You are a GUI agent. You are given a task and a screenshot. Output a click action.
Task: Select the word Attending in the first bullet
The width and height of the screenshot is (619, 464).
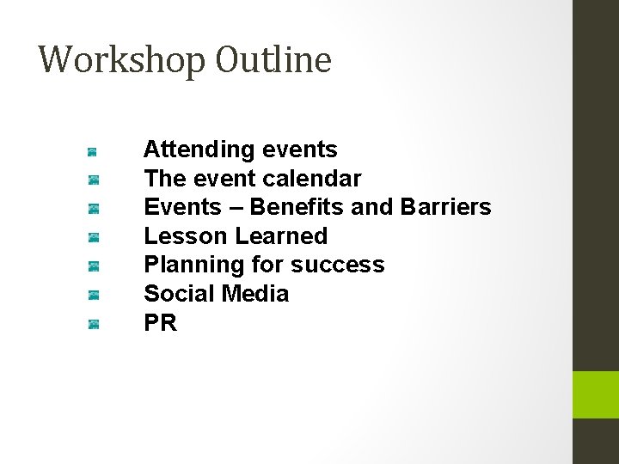194,150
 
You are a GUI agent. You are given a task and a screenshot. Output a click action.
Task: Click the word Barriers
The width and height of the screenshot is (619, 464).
445,207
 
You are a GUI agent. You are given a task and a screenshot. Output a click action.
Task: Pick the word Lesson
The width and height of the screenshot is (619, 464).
186,235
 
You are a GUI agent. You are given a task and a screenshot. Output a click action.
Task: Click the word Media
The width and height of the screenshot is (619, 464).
254,294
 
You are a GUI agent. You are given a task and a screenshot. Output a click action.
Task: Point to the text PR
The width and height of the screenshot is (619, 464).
160,323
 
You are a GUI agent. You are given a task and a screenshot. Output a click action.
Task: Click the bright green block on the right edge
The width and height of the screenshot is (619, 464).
596,394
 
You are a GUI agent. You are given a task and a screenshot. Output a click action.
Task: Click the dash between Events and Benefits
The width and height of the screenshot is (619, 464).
236,208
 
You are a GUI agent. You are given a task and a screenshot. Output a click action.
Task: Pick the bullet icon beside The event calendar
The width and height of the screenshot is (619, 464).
93,180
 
